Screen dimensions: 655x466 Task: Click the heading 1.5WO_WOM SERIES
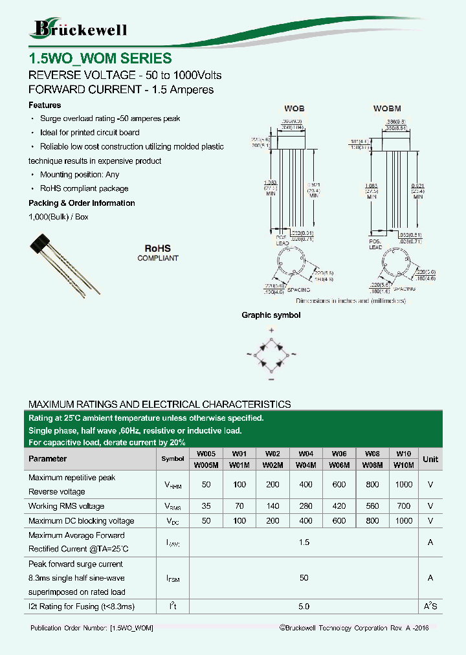[100, 58]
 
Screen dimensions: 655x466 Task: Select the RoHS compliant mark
[157, 252]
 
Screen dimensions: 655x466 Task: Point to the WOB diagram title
[294, 109]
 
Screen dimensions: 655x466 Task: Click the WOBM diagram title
[388, 109]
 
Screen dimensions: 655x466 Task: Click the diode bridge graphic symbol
[271, 353]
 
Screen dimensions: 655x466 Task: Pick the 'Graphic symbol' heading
[271, 315]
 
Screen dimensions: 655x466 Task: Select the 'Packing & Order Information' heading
[82, 203]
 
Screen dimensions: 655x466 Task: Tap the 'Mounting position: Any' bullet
[79, 175]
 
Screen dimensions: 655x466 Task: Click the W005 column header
[206, 454]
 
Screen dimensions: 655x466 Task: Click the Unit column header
[430, 459]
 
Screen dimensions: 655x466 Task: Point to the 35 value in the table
[206, 506]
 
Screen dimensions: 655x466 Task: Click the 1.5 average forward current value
[304, 542]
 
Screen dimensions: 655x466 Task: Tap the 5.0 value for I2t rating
[304, 606]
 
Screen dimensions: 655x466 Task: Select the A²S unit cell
[430, 606]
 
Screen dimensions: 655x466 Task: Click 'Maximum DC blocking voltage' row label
[82, 521]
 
